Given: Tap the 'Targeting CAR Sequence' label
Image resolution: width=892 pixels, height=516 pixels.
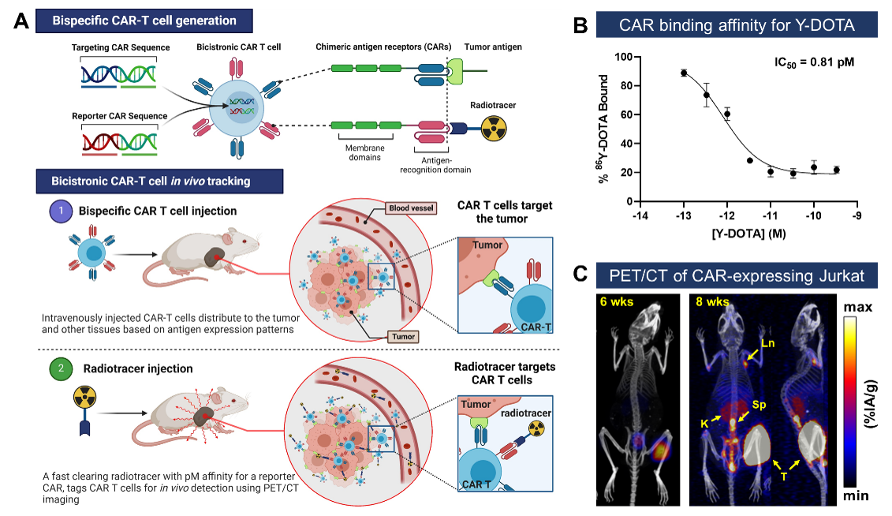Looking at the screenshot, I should pos(121,47).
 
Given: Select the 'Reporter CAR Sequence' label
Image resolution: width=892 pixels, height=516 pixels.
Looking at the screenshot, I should pos(120,116).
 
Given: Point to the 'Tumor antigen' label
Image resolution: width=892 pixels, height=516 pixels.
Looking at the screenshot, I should pos(493,47).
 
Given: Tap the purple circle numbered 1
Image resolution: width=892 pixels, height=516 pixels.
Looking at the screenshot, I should pos(61,211).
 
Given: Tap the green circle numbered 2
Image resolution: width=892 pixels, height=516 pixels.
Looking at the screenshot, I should pos(61,369).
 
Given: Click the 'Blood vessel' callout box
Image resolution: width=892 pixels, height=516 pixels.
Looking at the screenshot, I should pos(409,209).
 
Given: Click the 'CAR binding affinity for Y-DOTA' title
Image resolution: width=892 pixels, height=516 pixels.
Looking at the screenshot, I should pos(737,25).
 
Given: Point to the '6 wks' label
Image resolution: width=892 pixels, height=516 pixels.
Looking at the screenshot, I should pos(617,302).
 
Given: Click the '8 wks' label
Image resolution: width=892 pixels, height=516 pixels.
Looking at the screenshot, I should pos(712,302).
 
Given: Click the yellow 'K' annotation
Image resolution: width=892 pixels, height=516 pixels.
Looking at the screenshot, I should pos(704,424).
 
